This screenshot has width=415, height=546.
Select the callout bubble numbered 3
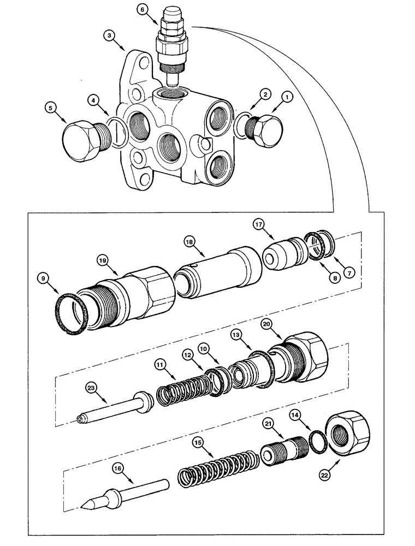click(x=111, y=36)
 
